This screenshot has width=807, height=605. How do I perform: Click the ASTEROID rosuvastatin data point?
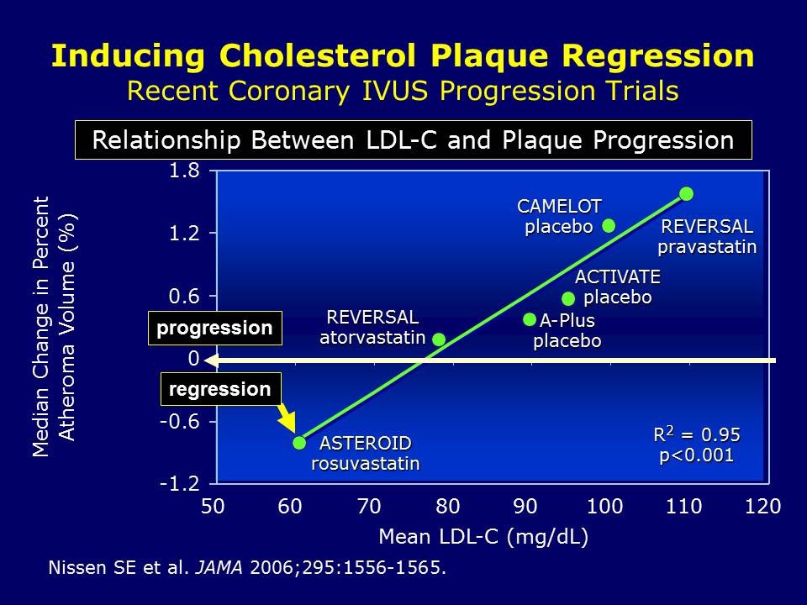tap(299, 443)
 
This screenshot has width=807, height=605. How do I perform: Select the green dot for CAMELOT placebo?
tap(609, 225)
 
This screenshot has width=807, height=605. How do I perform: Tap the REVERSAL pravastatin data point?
tap(687, 194)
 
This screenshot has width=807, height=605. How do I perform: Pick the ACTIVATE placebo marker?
tap(568, 298)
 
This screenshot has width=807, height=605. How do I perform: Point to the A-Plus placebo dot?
tap(530, 319)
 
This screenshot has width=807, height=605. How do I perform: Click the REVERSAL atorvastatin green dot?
tap(439, 339)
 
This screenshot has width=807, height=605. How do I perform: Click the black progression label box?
tap(214, 328)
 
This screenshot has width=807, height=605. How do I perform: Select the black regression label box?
tap(220, 389)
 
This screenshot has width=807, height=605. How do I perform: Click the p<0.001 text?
tap(696, 455)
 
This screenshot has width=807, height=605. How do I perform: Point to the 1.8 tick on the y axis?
tap(184, 171)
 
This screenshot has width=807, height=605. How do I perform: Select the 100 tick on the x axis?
tap(604, 507)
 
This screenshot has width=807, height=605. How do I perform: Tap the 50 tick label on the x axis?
tap(212, 507)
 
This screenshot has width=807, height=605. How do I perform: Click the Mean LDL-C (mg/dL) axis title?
tap(483, 537)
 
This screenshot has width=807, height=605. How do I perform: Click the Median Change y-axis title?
tap(54, 326)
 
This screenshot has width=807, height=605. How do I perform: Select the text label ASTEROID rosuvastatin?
tap(366, 453)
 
